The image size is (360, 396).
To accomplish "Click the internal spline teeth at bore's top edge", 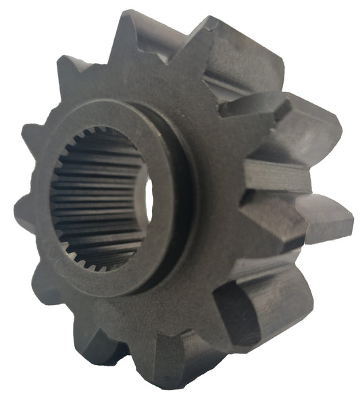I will [101, 138].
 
